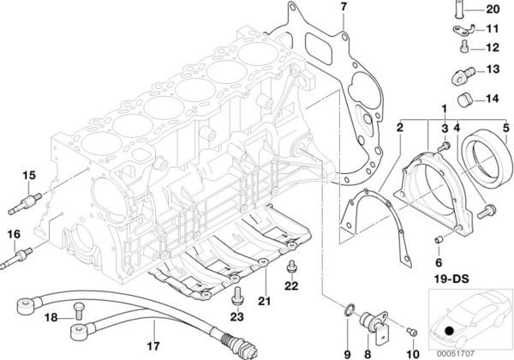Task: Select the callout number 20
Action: (x=492, y=10)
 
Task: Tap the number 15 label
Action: (x=28, y=176)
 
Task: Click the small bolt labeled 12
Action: (x=461, y=49)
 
